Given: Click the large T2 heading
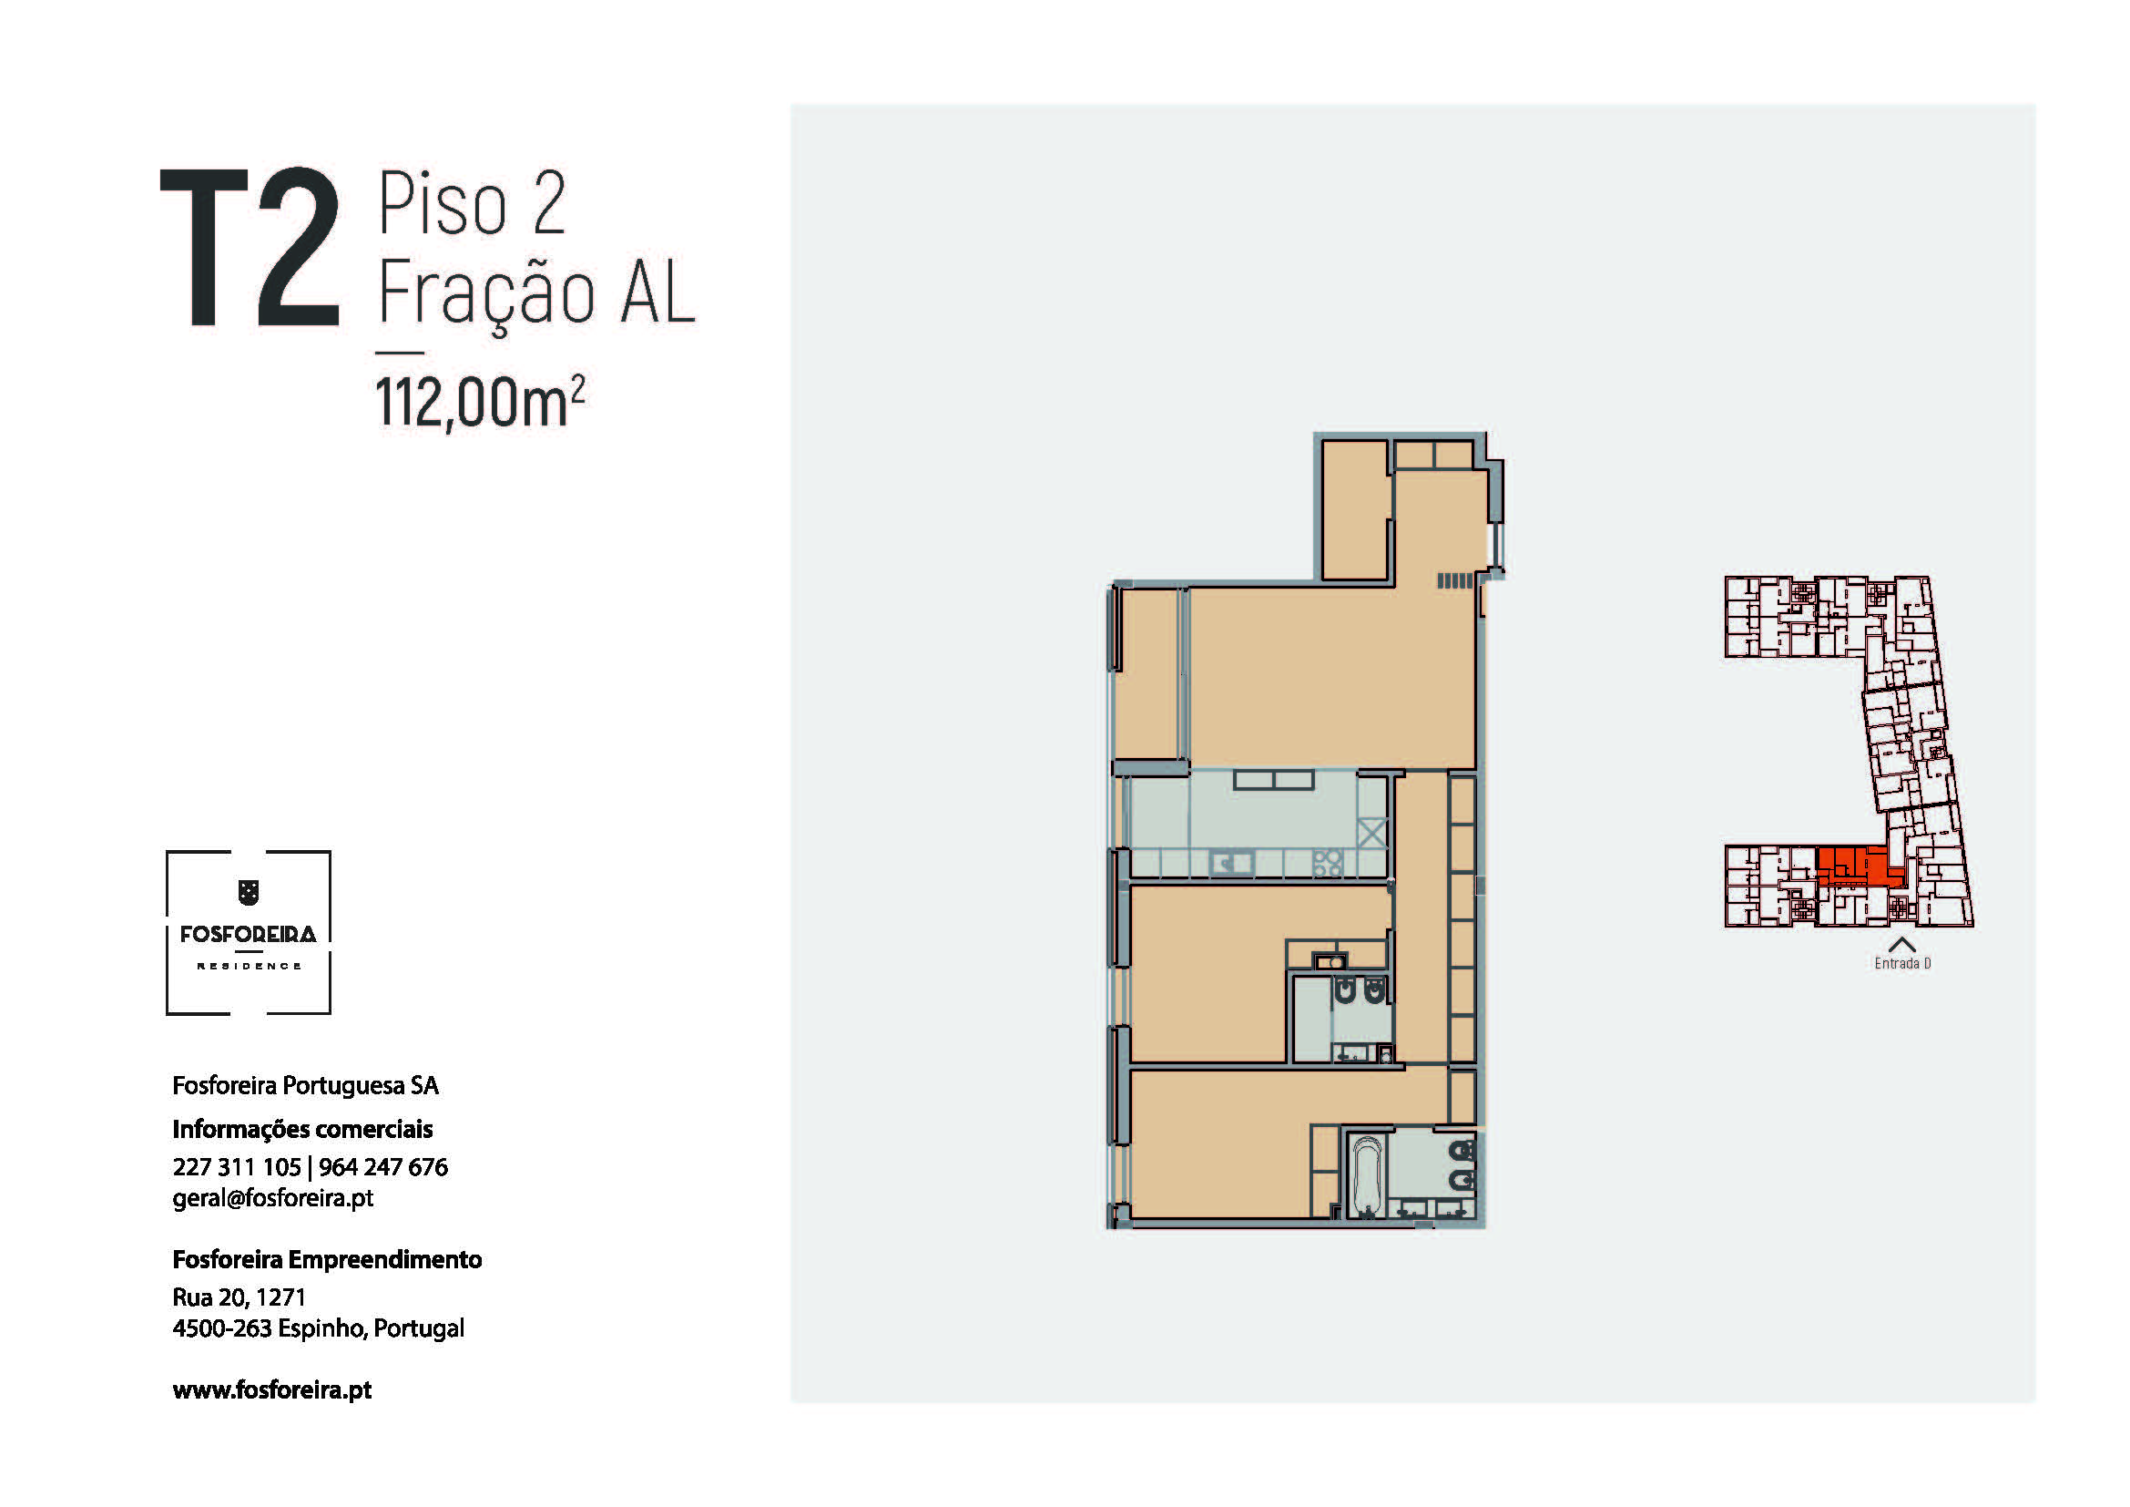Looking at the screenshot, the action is [250, 248].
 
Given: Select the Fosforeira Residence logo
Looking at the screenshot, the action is [249, 933].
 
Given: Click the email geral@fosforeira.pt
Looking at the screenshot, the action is [273, 1198].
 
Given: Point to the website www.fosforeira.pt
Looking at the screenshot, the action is [271, 1389].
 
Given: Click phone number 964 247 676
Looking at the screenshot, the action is [383, 1166].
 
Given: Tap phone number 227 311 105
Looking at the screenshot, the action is [237, 1166].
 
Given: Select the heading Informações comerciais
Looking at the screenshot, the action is [302, 1129].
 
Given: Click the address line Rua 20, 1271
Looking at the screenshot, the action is [239, 1297].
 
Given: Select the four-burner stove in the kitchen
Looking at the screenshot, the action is [1328, 863].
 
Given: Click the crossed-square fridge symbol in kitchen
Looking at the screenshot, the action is [1372, 833].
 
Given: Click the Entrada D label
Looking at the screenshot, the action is [1902, 963].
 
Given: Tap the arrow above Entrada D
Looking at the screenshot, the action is [1901, 945].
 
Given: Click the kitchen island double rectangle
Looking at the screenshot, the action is [1274, 780].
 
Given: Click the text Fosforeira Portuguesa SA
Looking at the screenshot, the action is [305, 1086].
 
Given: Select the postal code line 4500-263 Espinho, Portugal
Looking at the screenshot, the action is [318, 1328].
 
